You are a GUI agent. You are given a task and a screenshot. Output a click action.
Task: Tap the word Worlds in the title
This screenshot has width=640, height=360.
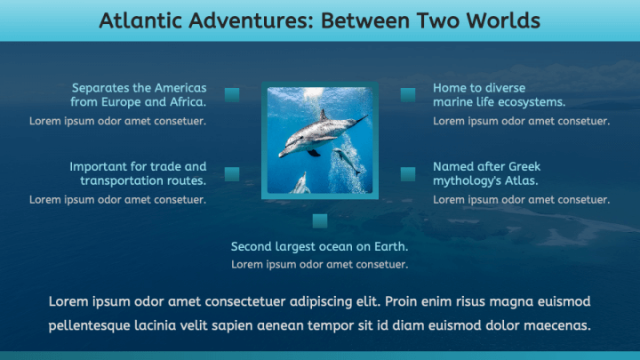[x=502, y=20]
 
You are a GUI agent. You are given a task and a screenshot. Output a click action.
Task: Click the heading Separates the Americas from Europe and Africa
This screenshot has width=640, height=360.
[x=139, y=95]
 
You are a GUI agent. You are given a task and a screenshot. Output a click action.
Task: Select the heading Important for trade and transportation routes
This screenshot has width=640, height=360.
[x=138, y=173]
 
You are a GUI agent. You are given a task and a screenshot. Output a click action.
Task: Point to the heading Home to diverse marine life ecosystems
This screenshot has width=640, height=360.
[x=499, y=95]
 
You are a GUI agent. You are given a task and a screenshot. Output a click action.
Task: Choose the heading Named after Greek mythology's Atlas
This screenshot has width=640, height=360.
[x=486, y=173]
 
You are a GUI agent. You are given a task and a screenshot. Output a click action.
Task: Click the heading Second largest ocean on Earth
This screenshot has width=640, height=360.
[x=319, y=246]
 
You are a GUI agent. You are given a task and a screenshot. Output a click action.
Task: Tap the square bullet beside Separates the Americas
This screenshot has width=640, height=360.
[x=232, y=94]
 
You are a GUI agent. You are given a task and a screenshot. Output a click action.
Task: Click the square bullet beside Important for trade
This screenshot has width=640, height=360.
[x=232, y=173]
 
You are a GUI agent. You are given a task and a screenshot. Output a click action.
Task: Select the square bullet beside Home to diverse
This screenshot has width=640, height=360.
[x=408, y=94]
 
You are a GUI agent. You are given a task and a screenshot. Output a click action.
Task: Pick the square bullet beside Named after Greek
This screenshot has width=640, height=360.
[x=408, y=173]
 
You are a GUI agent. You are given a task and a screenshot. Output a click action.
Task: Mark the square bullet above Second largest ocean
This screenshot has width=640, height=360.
[x=320, y=220]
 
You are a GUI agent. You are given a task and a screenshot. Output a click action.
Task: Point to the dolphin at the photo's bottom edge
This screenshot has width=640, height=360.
[x=301, y=184]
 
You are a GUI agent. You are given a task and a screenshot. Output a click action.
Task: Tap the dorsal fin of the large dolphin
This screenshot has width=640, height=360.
[x=324, y=115]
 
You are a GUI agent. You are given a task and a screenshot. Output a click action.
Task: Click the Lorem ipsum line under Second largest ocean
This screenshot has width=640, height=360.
[x=319, y=264]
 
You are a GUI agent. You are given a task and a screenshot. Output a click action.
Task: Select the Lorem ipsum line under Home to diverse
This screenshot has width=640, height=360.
[x=521, y=121]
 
